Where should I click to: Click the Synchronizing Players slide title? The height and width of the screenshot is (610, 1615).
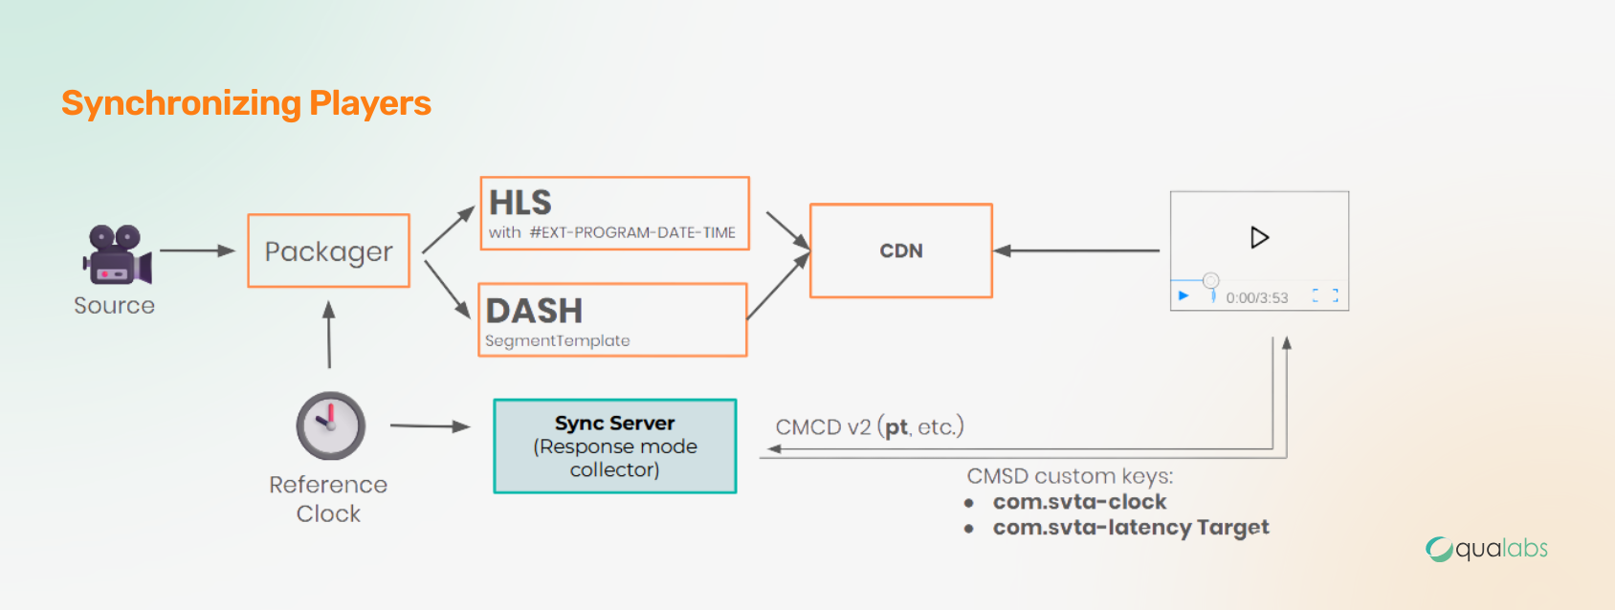(x=246, y=103)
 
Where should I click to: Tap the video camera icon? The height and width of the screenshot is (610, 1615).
(x=117, y=255)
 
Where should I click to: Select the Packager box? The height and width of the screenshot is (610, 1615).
(x=329, y=251)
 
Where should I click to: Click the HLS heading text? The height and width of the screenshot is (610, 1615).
(x=520, y=203)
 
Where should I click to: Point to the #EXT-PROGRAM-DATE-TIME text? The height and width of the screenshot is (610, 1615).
(x=632, y=232)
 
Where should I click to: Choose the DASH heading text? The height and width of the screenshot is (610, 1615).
(x=534, y=311)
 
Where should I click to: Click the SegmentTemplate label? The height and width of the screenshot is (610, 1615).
(x=558, y=340)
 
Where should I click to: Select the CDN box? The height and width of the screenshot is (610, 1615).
(x=901, y=251)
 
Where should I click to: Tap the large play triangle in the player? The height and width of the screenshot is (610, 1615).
(x=1259, y=237)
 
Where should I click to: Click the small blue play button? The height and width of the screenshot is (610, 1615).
(x=1184, y=295)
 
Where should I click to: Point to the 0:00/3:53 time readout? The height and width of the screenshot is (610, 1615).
(x=1256, y=298)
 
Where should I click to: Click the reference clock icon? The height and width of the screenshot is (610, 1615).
(x=331, y=425)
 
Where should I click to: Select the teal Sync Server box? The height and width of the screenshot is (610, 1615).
(x=615, y=446)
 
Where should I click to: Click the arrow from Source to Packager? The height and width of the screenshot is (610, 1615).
(x=197, y=251)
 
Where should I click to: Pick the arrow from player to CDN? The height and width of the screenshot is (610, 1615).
(x=1076, y=251)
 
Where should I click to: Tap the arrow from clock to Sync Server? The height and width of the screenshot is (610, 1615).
(x=430, y=426)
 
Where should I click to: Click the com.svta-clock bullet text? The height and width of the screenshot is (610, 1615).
(x=1079, y=502)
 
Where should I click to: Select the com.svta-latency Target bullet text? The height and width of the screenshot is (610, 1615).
(x=1131, y=528)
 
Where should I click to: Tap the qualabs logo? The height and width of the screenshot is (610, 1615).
(x=1486, y=549)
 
